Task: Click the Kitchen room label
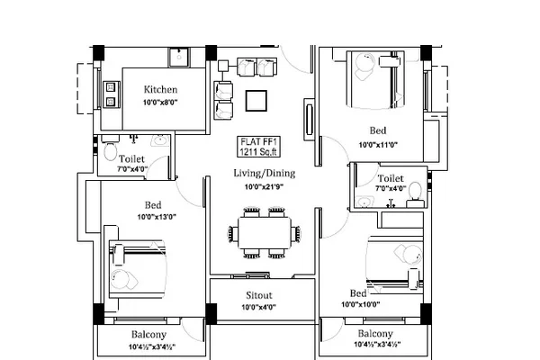tap(160, 90)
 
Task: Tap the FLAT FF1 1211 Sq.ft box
tap(258, 147)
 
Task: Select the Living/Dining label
tap(264, 173)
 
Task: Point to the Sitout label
tap(259, 295)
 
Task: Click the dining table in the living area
tap(264, 232)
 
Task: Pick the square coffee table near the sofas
tap(256, 101)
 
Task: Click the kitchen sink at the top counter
tap(179, 58)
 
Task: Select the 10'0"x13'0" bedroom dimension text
tap(157, 217)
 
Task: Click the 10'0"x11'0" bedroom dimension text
tap(378, 145)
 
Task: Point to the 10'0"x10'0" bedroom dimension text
tap(361, 304)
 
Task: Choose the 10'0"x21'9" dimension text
tap(264, 187)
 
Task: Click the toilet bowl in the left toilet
tap(110, 150)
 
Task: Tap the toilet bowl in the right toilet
tap(415, 192)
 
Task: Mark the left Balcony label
tap(148, 335)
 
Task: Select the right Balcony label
tap(375, 334)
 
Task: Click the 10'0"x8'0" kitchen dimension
tap(160, 103)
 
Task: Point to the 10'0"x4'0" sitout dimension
tap(259, 307)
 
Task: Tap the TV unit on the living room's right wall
tap(309, 120)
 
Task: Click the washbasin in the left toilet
tap(160, 140)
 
